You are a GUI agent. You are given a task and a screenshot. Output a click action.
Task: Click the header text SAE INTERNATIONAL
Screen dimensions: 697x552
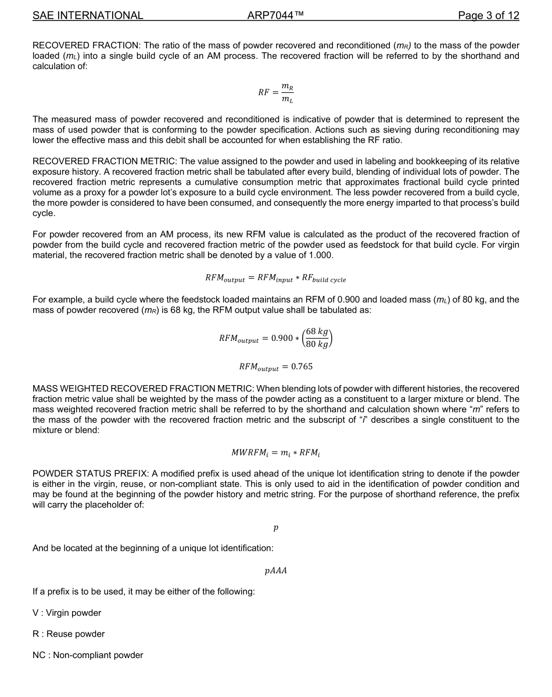[x=88, y=16]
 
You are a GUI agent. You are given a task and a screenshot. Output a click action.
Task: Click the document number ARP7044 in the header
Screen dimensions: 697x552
[x=275, y=16]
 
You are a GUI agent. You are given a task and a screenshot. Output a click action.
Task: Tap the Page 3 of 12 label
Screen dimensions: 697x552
[x=488, y=16]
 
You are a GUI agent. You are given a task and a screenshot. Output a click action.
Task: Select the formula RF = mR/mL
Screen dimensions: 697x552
[x=276, y=92]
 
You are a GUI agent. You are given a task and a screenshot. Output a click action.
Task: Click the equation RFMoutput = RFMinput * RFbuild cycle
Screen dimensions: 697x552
[x=275, y=279]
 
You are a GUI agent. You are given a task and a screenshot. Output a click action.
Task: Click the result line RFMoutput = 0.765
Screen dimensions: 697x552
[x=275, y=367]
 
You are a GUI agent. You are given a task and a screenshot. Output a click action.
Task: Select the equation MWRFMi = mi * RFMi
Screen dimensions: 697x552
[x=275, y=452]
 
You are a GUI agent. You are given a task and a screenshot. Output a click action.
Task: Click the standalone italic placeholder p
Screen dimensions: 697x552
[x=275, y=527]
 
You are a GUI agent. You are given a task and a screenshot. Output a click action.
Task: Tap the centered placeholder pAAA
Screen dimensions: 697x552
[x=275, y=570]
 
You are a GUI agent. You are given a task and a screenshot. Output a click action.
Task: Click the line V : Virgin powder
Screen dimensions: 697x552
[x=67, y=613]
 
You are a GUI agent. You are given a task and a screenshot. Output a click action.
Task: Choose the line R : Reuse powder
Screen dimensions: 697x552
[x=69, y=634]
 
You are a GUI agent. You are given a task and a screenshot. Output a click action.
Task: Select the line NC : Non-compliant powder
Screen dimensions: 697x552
[x=88, y=655]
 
